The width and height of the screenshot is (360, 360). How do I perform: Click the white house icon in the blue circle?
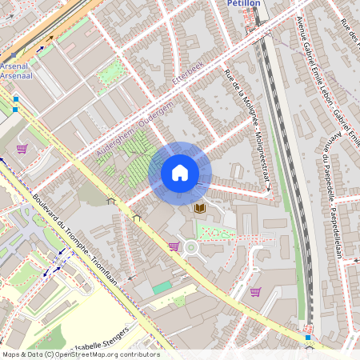pos(180,173)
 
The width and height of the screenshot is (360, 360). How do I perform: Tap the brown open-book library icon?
pos(200,208)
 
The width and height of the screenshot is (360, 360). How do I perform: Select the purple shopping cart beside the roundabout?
pos(174,246)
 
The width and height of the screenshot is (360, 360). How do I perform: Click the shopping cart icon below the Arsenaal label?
pos(22,148)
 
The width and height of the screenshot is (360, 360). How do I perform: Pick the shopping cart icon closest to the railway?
pos(255,292)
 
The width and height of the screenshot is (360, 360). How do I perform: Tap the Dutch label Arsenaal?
pos(17,75)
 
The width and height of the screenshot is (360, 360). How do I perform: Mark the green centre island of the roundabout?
pos(191,248)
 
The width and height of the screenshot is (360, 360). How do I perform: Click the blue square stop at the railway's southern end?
pos(308,338)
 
